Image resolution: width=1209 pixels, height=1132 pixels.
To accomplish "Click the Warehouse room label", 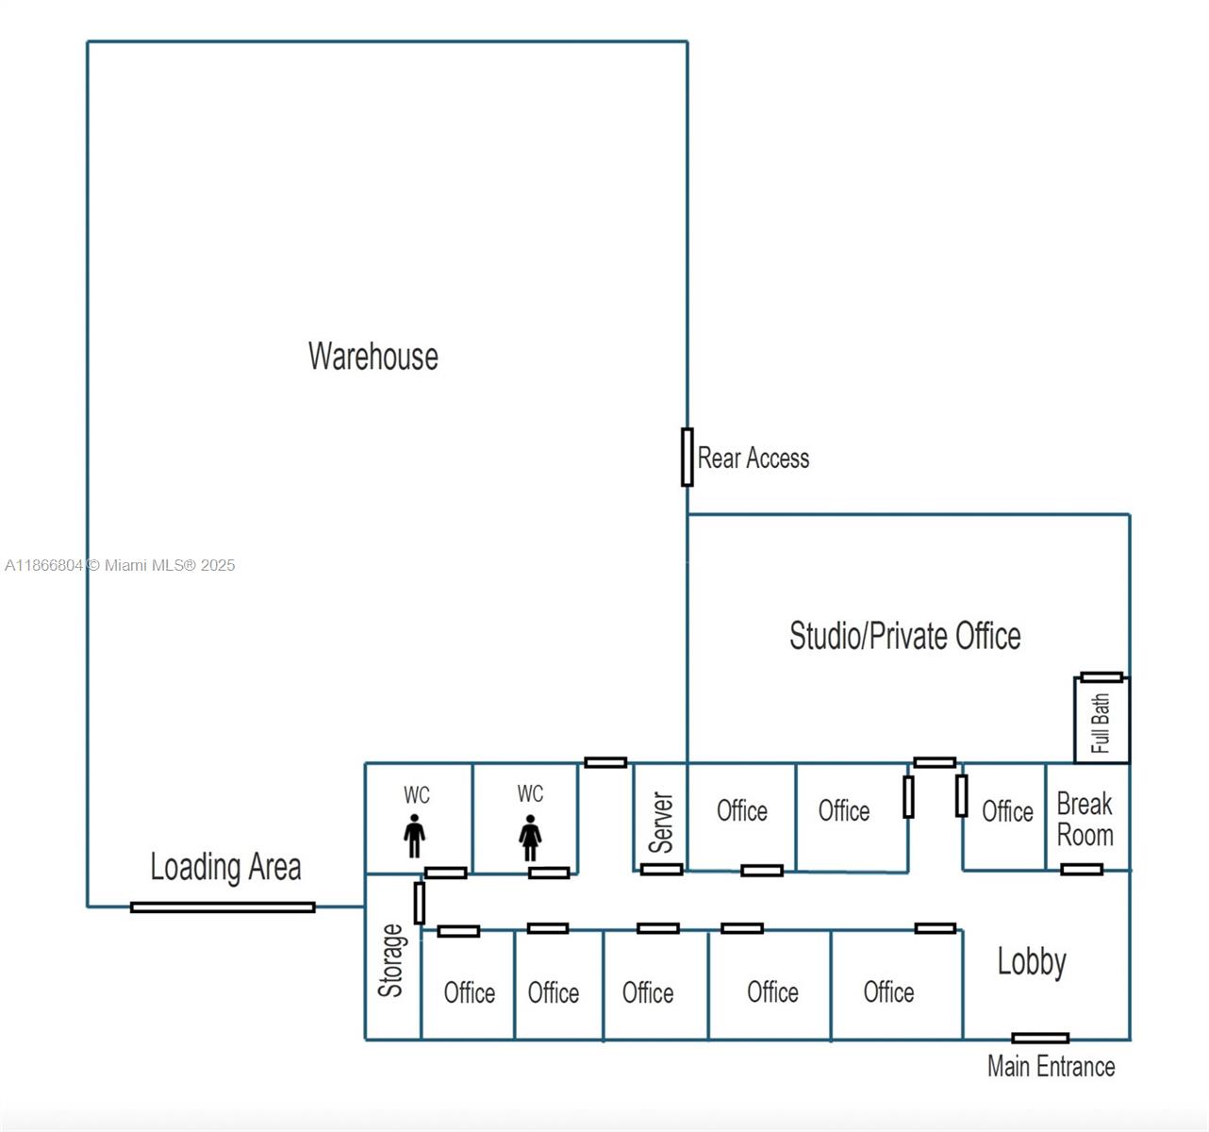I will pyautogui.click(x=373, y=357).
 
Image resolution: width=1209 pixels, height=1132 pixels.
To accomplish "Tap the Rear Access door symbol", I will pyautogui.click(x=687, y=458).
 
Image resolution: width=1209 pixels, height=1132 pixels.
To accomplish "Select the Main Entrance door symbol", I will pyautogui.click(x=1040, y=1038).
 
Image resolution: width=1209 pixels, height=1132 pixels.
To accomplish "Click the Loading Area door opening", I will pyautogui.click(x=223, y=907).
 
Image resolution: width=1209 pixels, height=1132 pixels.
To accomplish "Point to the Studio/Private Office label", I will pyautogui.click(x=904, y=636).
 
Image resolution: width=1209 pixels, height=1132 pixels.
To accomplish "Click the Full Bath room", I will pyautogui.click(x=1101, y=723).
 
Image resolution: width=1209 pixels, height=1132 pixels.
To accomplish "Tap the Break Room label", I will pyautogui.click(x=1085, y=819).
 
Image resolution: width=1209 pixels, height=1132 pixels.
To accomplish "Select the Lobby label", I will pyautogui.click(x=1032, y=961).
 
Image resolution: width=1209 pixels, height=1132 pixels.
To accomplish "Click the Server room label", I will pyautogui.click(x=661, y=823).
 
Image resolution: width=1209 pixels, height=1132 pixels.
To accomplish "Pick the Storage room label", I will pyautogui.click(x=391, y=960).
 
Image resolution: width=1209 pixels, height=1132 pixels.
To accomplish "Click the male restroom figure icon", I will pyautogui.click(x=414, y=837).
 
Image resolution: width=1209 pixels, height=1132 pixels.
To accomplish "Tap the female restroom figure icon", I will pyautogui.click(x=530, y=837).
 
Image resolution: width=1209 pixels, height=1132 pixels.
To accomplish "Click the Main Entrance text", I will pyautogui.click(x=1051, y=1067).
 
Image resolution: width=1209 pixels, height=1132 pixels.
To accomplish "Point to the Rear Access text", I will pyautogui.click(x=754, y=458).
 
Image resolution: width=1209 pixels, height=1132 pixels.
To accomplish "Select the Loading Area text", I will pyautogui.click(x=225, y=867).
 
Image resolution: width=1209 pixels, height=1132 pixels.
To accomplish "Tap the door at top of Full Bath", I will pyautogui.click(x=1101, y=677).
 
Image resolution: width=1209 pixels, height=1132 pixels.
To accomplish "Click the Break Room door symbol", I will pyautogui.click(x=1082, y=869).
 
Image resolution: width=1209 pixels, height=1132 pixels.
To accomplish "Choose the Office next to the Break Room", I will pyautogui.click(x=1007, y=811).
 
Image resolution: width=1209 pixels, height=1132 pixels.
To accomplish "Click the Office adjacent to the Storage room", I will pyautogui.click(x=469, y=992).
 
